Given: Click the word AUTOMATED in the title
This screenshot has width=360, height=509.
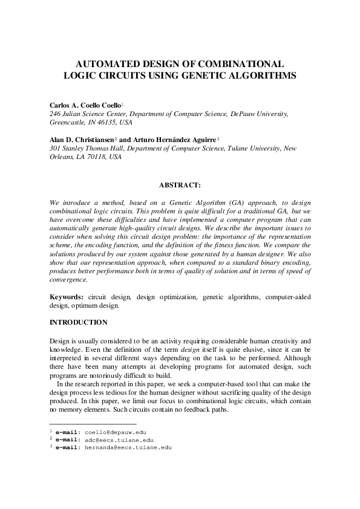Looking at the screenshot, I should (x=103, y=63).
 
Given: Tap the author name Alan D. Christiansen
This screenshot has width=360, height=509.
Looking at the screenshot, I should (x=81, y=139).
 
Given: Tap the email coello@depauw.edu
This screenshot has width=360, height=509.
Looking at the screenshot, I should (x=116, y=432).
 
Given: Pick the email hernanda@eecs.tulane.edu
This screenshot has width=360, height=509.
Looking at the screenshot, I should (x=128, y=448).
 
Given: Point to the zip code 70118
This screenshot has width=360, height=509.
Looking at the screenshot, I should (x=95, y=156).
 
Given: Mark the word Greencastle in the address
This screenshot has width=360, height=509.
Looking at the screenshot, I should (x=67, y=122).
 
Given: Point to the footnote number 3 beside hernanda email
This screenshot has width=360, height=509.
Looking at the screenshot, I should (x=51, y=447).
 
